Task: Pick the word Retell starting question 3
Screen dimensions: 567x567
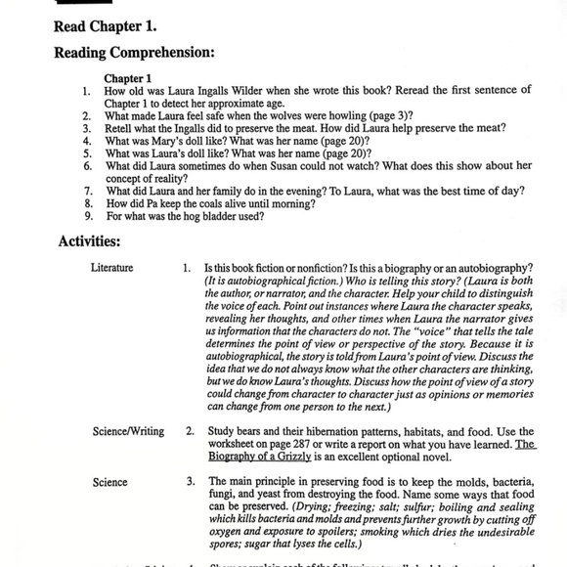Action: [x=121, y=128]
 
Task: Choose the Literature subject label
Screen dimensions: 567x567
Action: [x=112, y=267]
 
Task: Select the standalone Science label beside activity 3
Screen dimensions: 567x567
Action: [x=109, y=482]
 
